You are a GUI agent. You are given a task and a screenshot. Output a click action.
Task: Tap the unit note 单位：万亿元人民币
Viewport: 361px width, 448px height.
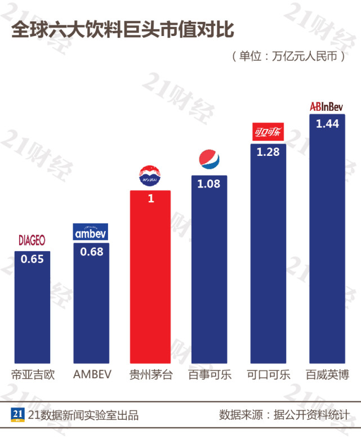(x=287, y=57)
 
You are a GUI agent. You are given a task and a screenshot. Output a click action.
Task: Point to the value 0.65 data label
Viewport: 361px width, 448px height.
(x=32, y=260)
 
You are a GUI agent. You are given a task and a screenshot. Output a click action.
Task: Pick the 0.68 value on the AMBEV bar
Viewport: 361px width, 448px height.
(x=92, y=252)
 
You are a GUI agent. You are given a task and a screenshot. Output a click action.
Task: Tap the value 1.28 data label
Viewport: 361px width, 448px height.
(x=268, y=153)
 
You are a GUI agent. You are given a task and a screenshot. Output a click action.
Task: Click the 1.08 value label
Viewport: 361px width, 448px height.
(x=208, y=183)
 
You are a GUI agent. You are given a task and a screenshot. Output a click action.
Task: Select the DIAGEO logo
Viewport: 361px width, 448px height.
(x=32, y=240)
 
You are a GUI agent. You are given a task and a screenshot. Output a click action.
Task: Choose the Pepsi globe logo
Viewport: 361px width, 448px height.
(x=210, y=159)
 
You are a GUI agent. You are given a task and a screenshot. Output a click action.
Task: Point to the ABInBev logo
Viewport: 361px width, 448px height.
(x=328, y=106)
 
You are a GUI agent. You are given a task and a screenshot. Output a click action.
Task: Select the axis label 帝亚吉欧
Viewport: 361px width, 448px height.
(x=33, y=375)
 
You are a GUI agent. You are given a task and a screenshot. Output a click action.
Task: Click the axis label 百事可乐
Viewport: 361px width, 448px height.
(x=210, y=375)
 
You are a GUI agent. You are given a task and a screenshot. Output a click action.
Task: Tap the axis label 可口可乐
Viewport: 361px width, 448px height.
(x=269, y=375)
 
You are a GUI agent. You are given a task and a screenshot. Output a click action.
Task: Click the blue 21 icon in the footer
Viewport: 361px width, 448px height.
(x=16, y=415)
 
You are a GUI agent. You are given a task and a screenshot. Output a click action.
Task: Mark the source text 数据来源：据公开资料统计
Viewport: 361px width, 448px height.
(x=284, y=415)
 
